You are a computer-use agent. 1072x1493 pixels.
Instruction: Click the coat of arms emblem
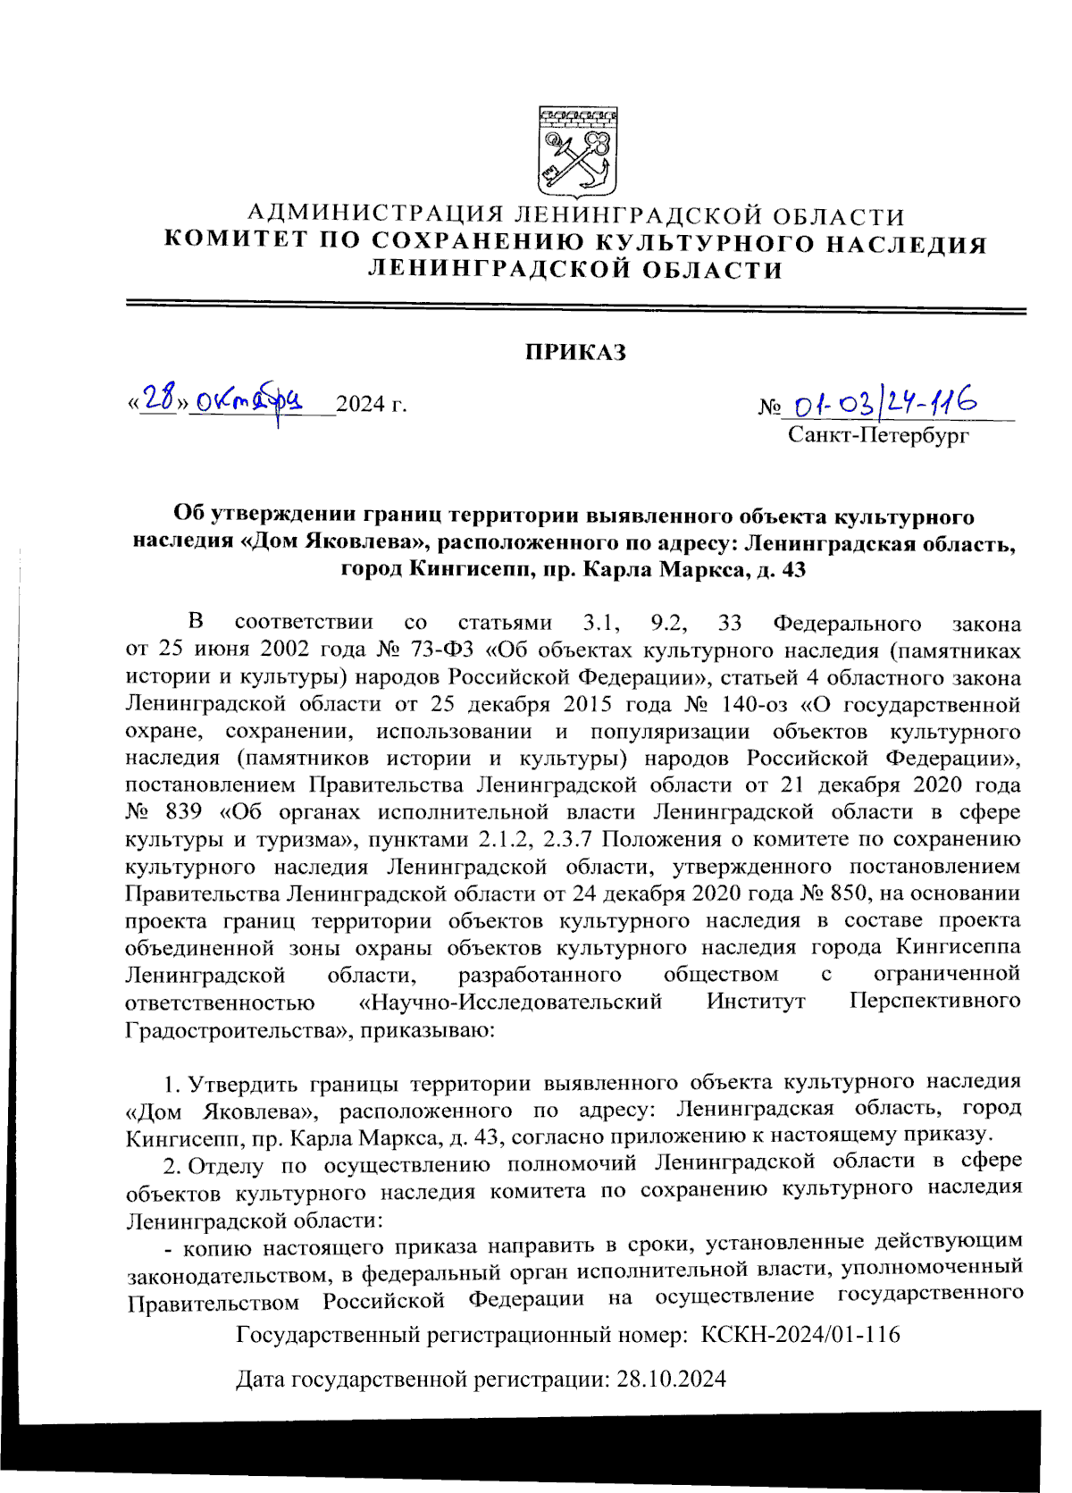[577, 153]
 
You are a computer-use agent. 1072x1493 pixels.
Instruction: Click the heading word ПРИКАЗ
[575, 352]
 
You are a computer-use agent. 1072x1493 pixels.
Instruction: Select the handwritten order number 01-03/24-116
[884, 405]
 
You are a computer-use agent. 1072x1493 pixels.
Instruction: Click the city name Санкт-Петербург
[878, 436]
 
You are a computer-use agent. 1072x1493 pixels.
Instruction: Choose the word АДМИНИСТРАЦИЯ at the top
[375, 215]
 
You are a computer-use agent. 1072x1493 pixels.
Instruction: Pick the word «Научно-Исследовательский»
[510, 1001]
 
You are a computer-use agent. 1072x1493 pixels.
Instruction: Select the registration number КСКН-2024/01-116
[800, 1335]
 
